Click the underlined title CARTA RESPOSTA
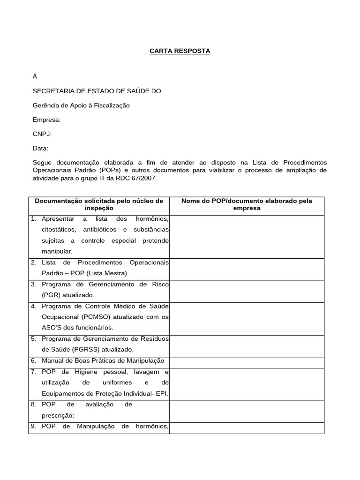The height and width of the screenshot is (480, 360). [x=180, y=51]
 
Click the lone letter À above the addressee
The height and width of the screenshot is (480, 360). [x=35, y=76]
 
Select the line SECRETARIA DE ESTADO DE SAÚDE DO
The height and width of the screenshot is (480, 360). [x=97, y=91]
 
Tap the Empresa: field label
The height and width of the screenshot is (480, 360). [x=46, y=120]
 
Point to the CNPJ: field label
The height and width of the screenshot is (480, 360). [x=42, y=134]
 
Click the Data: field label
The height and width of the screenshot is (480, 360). [x=40, y=148]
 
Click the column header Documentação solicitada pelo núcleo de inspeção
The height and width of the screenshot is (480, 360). [x=99, y=204]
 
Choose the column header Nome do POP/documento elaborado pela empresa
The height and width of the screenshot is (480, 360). [x=247, y=204]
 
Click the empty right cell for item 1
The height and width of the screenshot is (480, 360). [x=247, y=237]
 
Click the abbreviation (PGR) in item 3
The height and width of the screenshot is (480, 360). [x=50, y=295]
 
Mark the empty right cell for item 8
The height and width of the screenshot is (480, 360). [x=247, y=412]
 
